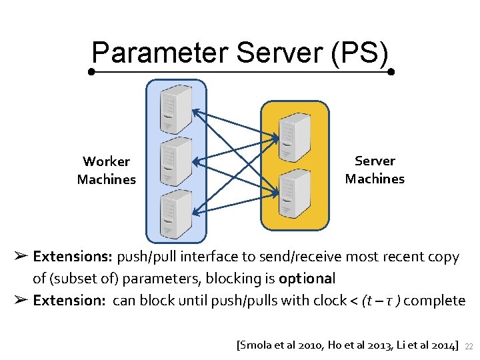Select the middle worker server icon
[x=176, y=161]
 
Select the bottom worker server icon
[x=176, y=213]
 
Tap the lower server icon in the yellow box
[x=294, y=191]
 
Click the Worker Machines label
[x=107, y=170]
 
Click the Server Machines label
[x=375, y=169]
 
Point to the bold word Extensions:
[x=73, y=257]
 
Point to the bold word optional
[x=307, y=278]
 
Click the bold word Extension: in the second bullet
[x=69, y=300]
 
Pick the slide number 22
[x=468, y=346]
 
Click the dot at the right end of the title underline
[x=391, y=71]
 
